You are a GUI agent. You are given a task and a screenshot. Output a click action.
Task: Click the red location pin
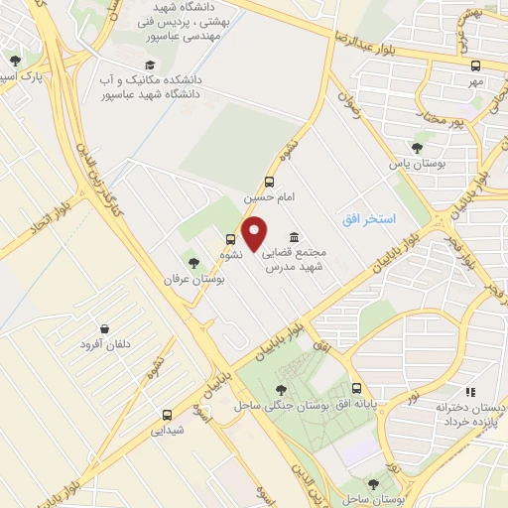click(255, 234)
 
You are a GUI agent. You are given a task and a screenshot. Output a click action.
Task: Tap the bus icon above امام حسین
click(268, 182)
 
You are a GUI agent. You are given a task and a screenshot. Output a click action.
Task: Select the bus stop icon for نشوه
click(230, 238)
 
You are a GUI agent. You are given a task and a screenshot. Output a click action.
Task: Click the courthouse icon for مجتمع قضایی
click(295, 238)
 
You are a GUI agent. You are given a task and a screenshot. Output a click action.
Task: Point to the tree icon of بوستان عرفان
click(193, 264)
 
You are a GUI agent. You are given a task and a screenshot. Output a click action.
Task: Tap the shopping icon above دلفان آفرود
click(104, 328)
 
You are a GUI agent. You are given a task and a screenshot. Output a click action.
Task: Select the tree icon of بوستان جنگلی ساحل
click(282, 390)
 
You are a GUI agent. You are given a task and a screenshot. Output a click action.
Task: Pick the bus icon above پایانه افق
click(356, 389)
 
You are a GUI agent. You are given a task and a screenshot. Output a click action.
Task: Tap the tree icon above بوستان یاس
click(415, 148)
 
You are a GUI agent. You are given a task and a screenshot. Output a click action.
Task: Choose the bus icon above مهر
click(476, 65)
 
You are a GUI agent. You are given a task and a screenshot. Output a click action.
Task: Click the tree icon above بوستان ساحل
click(374, 484)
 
